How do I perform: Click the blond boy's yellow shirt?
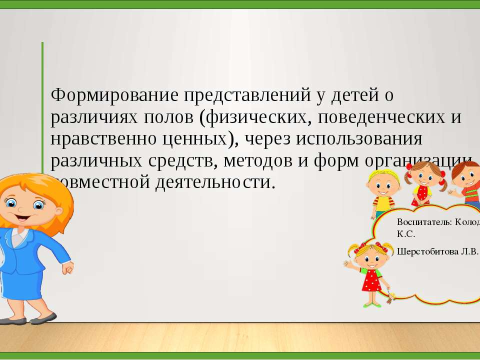(x=382, y=203)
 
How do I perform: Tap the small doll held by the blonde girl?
(x=390, y=294)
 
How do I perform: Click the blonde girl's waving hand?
(x=348, y=264)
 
